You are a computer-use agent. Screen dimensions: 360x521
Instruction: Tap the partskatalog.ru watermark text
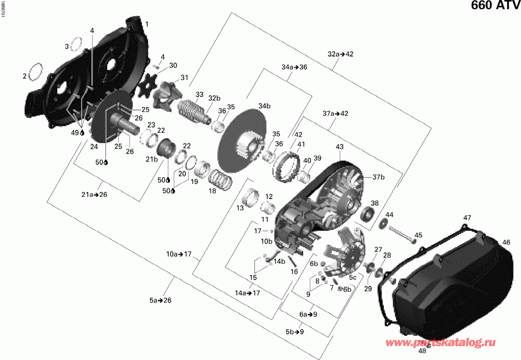click(x=449, y=344)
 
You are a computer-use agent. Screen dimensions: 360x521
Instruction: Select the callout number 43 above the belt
click(x=339, y=148)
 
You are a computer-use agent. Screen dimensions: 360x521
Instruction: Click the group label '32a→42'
click(x=340, y=54)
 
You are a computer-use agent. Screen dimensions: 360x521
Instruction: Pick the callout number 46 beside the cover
click(x=506, y=242)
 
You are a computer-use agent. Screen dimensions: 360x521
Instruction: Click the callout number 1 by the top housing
click(x=146, y=24)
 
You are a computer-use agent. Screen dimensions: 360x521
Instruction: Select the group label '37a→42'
click(x=335, y=113)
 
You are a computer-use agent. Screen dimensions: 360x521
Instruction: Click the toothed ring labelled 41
click(x=288, y=161)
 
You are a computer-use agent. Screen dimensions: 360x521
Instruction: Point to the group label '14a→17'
click(x=247, y=293)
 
